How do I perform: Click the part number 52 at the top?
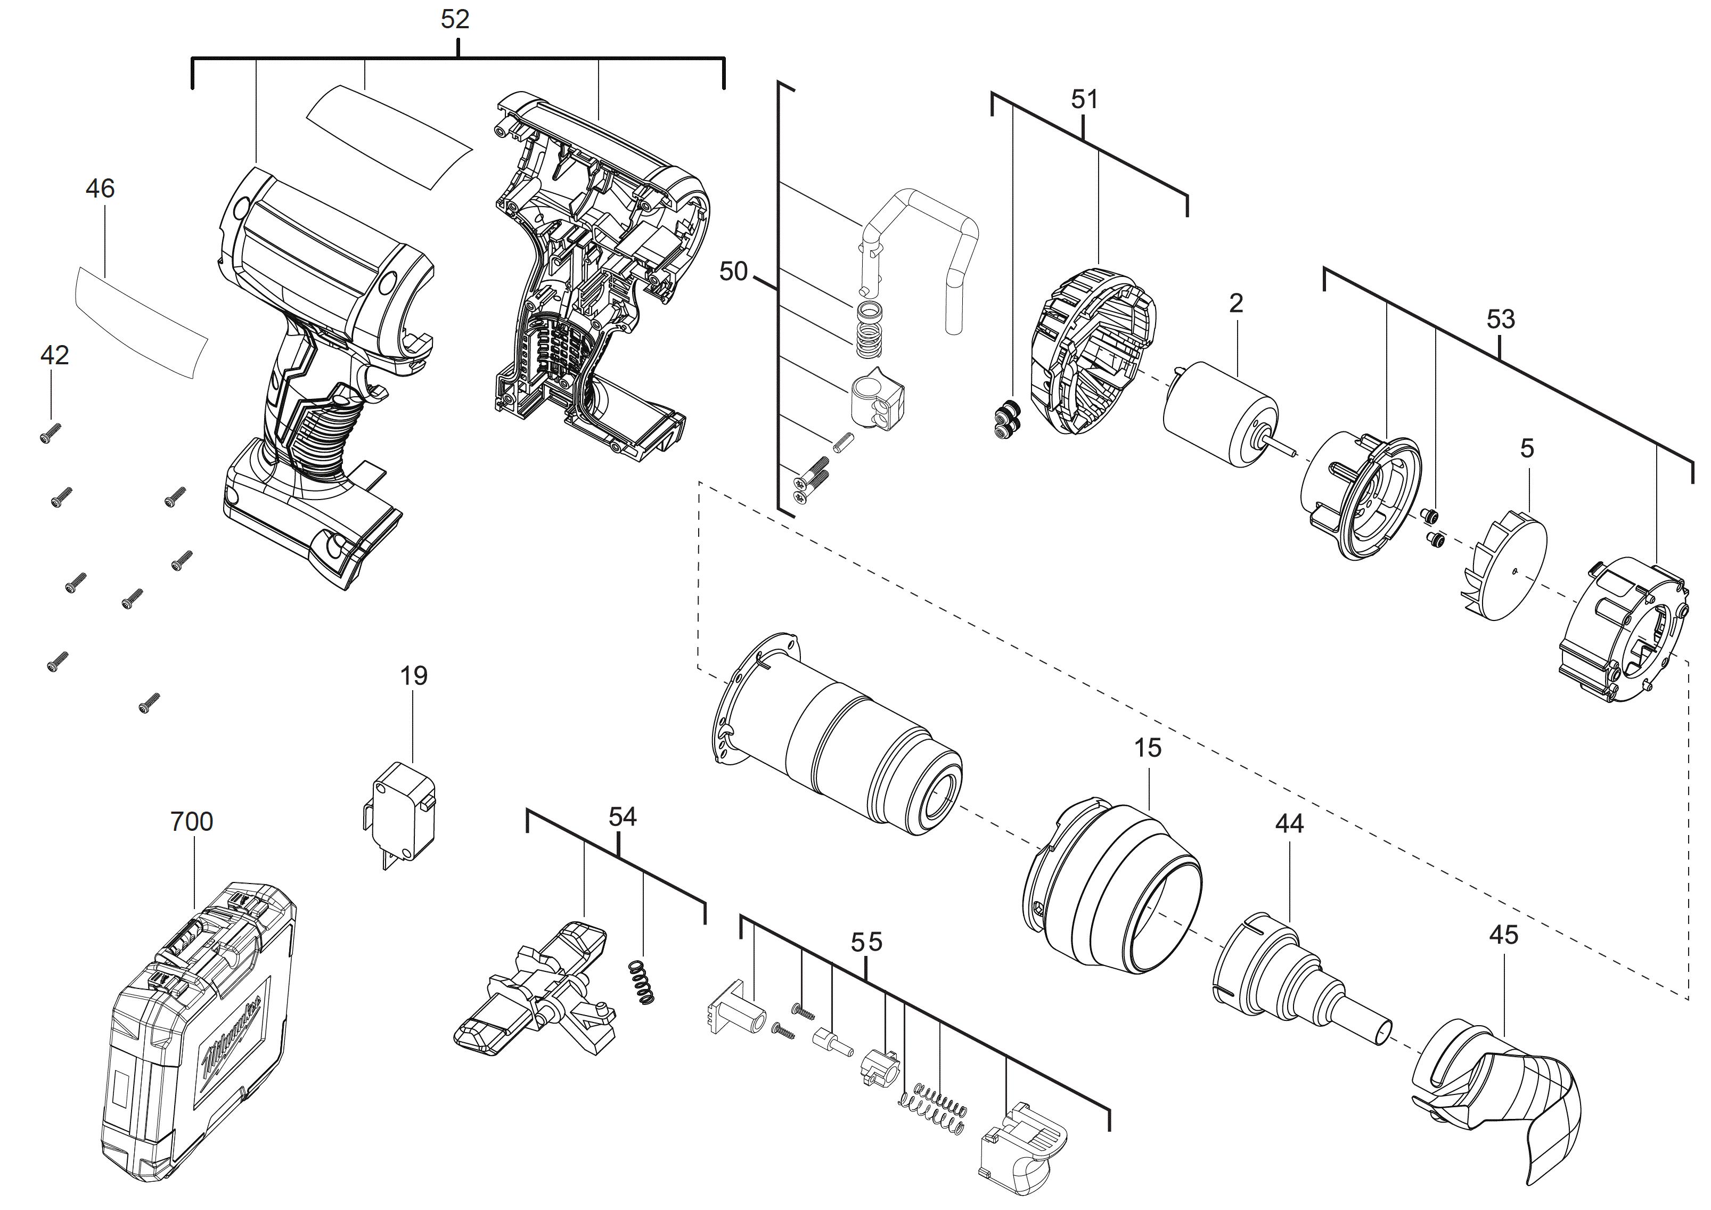point(455,19)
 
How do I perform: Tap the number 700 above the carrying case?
point(192,821)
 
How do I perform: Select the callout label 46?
point(100,189)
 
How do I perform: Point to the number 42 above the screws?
point(54,355)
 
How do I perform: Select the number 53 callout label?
point(1500,320)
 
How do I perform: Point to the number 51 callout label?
point(1084,99)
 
